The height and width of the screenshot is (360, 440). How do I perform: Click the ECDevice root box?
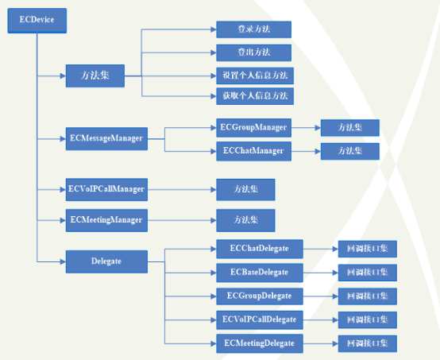pos(37,21)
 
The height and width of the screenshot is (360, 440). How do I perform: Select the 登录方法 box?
pos(253,29)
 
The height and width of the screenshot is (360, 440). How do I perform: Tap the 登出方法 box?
pos(253,52)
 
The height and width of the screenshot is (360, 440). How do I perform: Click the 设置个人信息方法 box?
pos(255,75)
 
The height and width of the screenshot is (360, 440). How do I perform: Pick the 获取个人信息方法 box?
pos(255,96)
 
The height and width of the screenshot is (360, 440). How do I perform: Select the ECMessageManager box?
pos(106,139)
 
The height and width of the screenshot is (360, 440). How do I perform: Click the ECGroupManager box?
pos(253,128)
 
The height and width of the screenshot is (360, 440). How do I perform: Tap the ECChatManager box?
pos(253,151)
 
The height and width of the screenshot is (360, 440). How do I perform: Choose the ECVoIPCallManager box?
pos(106,190)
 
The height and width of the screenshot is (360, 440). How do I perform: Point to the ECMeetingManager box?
pos(106,220)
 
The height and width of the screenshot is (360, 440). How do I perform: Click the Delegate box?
pos(106,261)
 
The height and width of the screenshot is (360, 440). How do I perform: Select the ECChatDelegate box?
pos(260,249)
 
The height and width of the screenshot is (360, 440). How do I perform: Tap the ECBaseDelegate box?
pos(260,273)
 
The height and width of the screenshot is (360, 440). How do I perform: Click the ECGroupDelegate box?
pos(260,296)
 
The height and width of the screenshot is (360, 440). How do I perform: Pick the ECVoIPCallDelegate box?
pos(260,319)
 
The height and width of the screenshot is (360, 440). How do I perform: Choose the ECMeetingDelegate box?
pos(260,343)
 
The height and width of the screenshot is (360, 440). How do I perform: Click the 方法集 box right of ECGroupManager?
pos(350,128)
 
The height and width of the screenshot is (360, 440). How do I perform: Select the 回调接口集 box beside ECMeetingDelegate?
pos(367,343)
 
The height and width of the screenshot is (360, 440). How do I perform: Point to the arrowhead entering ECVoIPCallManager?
pos(63,190)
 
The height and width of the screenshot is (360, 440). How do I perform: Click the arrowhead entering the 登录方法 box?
pos(214,29)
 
